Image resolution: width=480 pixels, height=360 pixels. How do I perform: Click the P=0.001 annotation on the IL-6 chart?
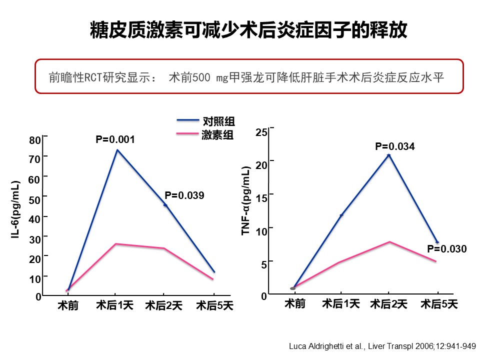115,139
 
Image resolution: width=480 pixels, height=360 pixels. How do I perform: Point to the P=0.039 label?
184,195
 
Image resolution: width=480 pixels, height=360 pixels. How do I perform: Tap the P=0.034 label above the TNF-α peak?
395,146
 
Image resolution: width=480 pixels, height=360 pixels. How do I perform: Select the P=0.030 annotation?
446,249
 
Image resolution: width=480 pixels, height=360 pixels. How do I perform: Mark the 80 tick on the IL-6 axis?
34,139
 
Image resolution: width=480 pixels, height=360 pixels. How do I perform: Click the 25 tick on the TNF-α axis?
261,132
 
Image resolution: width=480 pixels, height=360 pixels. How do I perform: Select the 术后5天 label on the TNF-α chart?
438,303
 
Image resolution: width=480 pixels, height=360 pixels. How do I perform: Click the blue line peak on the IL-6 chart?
117,150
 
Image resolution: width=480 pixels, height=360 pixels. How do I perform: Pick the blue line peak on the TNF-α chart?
388,155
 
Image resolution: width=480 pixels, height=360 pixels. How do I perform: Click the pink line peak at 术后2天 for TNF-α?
389,242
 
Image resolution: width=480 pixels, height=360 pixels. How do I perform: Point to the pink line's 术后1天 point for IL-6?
116,244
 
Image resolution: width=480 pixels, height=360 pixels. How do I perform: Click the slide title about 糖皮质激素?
248,30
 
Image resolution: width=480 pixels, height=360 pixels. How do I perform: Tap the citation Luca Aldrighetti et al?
383,345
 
